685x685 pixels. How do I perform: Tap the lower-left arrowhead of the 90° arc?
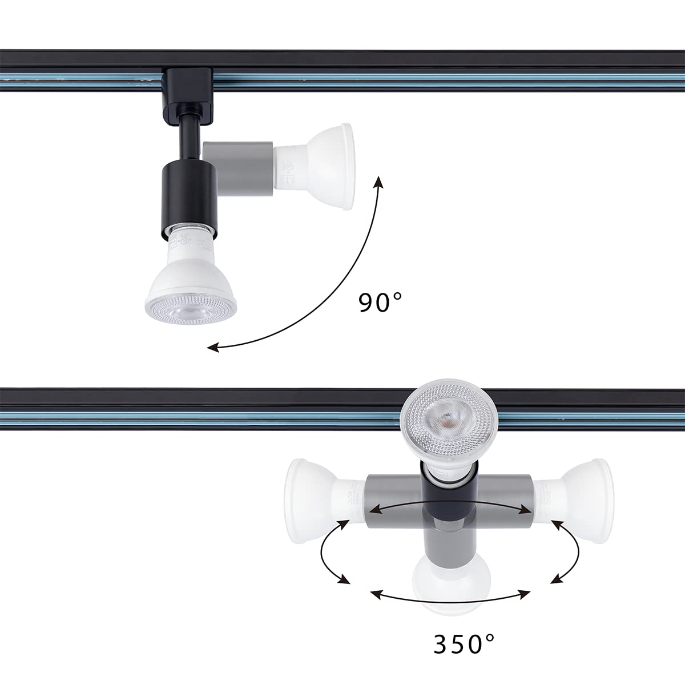click(212, 346)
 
